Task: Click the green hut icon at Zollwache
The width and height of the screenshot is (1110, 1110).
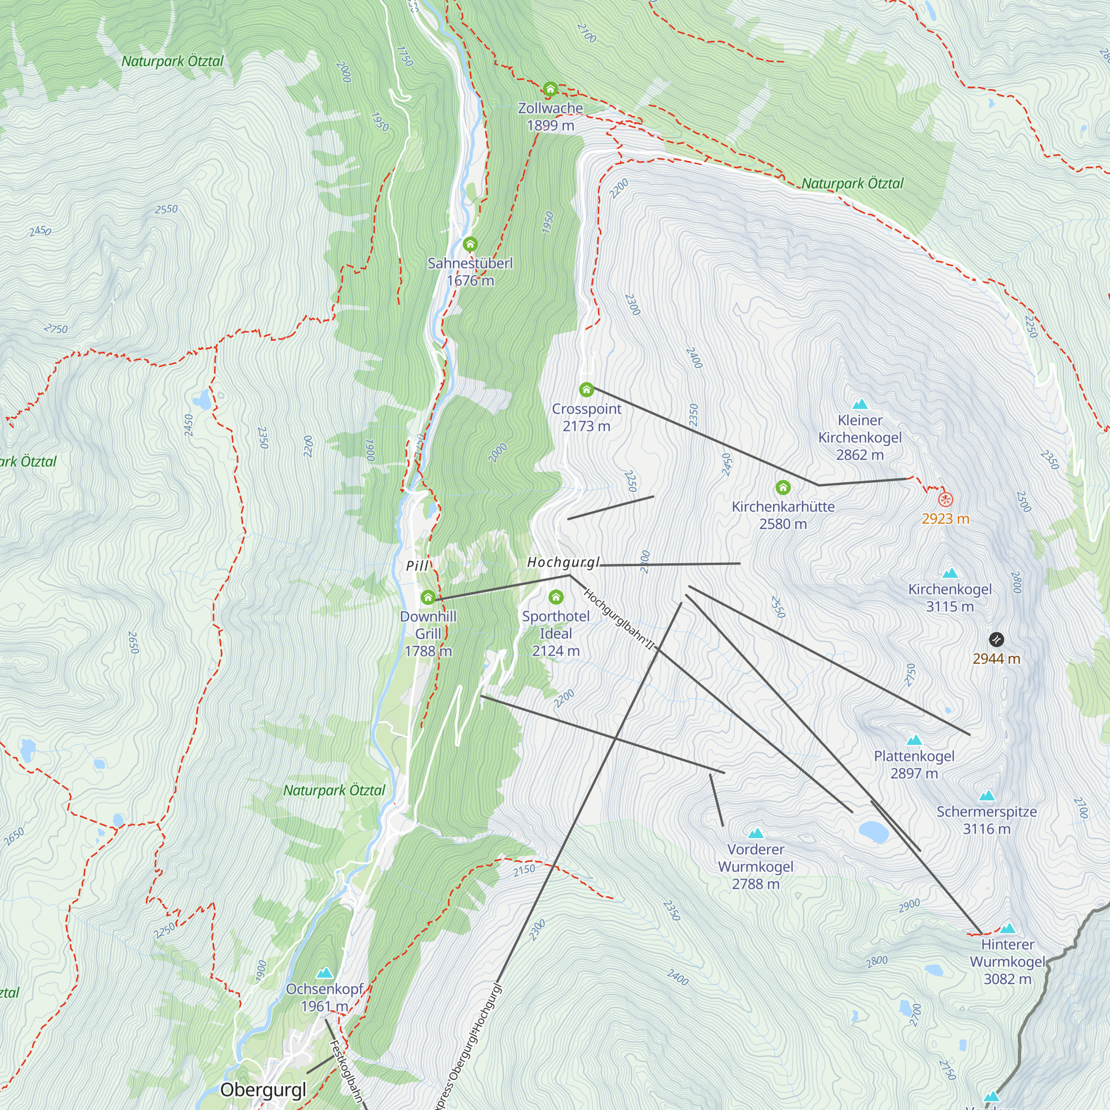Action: [551, 89]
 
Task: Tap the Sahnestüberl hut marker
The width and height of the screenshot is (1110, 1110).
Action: [470, 244]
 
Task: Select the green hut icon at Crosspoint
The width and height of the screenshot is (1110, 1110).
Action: [586, 390]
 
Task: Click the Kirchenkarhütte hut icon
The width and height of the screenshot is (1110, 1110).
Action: [783, 488]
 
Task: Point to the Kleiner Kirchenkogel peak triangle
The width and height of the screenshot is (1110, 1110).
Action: [860, 405]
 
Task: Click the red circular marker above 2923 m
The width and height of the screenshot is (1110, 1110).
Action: [945, 500]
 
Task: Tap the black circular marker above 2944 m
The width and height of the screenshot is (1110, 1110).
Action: [996, 639]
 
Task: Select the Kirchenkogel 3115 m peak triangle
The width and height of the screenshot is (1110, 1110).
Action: [950, 573]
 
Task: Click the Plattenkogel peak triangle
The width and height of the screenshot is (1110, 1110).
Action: [914, 740]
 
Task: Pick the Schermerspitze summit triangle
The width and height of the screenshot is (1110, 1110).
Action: [986, 796]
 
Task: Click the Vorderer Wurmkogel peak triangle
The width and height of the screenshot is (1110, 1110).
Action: [755, 833]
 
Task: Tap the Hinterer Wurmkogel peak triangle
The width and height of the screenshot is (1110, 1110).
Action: [1007, 929]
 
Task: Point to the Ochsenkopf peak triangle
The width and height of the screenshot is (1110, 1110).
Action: [325, 973]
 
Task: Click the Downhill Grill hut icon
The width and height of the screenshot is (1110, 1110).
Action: [428, 598]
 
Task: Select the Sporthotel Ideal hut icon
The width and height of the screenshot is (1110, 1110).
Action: [556, 597]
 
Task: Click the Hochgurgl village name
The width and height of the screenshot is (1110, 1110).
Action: [563, 562]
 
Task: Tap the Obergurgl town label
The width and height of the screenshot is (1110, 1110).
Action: [263, 1089]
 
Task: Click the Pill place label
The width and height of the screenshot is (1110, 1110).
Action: [417, 566]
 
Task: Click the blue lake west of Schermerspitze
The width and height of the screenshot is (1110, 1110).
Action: [872, 831]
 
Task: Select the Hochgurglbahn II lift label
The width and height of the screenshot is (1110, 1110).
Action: [619, 620]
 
